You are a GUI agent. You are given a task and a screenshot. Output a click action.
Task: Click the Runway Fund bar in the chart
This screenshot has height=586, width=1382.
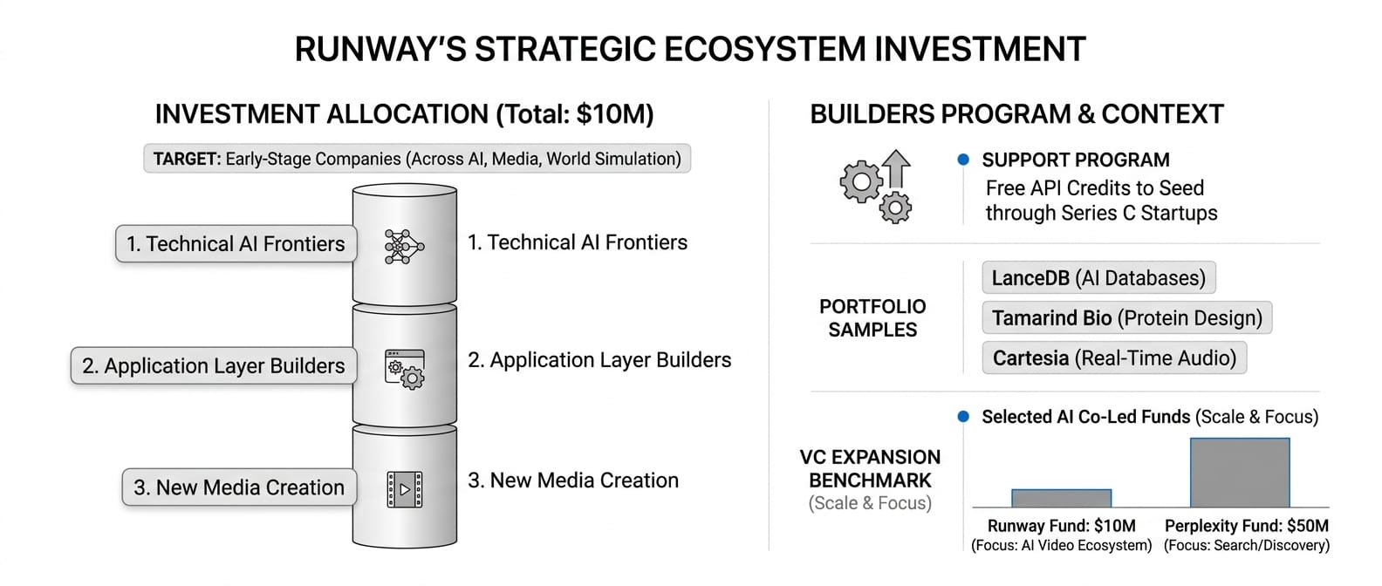point(1061,498)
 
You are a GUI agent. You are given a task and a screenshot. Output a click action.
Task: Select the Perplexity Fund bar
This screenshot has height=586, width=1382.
point(1240,473)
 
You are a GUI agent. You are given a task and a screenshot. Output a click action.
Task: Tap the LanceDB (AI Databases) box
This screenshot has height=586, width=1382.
point(1098,277)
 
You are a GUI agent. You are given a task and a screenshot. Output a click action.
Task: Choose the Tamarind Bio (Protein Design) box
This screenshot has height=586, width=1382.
point(1126,317)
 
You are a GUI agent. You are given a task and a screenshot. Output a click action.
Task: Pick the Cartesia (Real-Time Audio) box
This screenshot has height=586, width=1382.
point(1114,358)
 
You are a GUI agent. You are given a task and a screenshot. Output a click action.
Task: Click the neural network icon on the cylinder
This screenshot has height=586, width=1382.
point(404,247)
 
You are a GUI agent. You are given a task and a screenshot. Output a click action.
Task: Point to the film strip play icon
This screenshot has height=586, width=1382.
point(405,490)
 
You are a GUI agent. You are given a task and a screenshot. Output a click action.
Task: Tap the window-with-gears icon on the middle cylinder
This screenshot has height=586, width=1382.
point(405,370)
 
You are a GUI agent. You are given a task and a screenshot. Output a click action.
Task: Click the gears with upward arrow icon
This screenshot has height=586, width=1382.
point(876,187)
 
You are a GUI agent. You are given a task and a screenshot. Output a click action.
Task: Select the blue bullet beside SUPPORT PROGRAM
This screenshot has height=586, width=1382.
point(963,160)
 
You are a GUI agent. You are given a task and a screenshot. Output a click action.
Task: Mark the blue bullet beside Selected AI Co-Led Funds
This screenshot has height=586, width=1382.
point(963,416)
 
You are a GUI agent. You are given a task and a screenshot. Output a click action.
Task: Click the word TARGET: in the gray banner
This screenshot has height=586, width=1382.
point(187,160)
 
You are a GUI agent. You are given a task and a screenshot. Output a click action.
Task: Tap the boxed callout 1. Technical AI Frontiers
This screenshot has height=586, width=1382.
point(236,243)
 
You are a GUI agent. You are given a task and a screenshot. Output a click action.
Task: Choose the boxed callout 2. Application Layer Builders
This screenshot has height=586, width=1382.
point(214,365)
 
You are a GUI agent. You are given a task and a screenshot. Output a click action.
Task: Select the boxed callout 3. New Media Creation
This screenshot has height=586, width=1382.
point(239,487)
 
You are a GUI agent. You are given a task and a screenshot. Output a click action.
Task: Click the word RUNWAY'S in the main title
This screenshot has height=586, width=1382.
point(380,50)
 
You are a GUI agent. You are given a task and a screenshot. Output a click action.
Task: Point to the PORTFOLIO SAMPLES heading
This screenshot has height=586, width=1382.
point(872,317)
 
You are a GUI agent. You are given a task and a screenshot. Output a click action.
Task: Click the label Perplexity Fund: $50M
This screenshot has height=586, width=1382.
point(1246,526)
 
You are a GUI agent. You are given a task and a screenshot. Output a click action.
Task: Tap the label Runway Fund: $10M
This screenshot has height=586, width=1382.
point(1061,526)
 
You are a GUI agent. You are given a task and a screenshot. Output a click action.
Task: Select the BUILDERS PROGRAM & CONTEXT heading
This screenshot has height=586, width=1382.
point(1016,114)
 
